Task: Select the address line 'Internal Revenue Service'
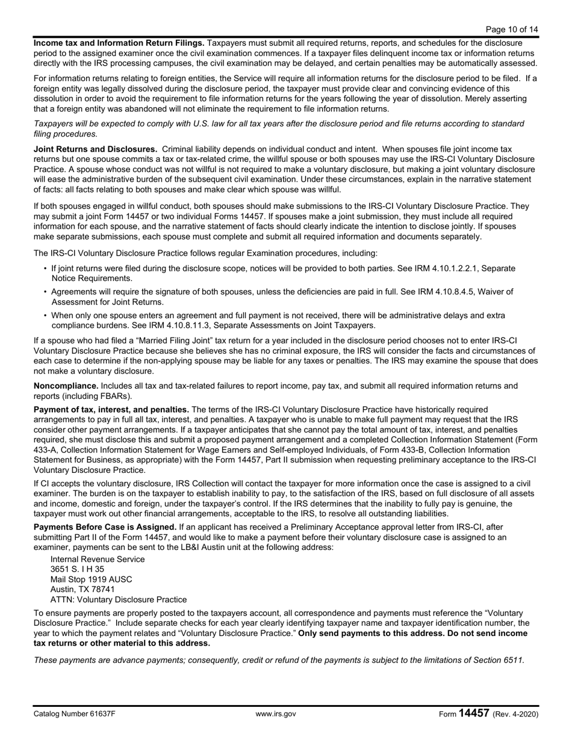(x=98, y=559)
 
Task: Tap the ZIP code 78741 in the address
(x=103, y=590)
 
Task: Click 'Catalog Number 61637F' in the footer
(x=75, y=714)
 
